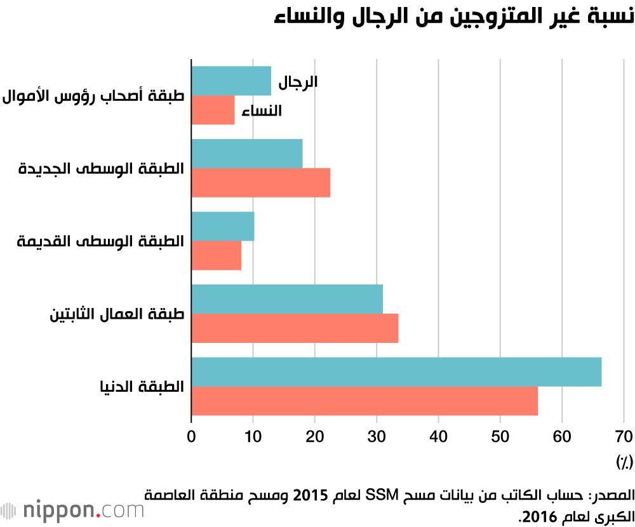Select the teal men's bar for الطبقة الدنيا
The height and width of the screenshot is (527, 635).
pos(396,373)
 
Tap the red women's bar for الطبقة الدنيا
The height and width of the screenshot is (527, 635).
pos(364,401)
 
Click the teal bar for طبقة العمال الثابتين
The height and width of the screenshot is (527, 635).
pos(287,299)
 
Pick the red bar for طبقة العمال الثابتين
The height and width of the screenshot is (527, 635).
pos(295,328)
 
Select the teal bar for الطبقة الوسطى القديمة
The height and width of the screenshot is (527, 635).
pos(223,227)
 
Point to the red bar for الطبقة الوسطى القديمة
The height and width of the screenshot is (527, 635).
pos(217,255)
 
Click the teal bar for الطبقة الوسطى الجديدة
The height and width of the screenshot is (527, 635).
pos(247,154)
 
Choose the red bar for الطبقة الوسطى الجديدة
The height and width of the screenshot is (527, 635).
pos(261,183)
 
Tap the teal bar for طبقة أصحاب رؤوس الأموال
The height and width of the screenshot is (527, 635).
pos(231,81)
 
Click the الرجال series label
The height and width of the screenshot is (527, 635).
pos(298,82)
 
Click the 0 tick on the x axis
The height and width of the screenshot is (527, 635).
pos(192,437)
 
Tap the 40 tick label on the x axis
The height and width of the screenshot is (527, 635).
pos(439,437)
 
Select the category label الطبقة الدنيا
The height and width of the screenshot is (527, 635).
pos(140,387)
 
